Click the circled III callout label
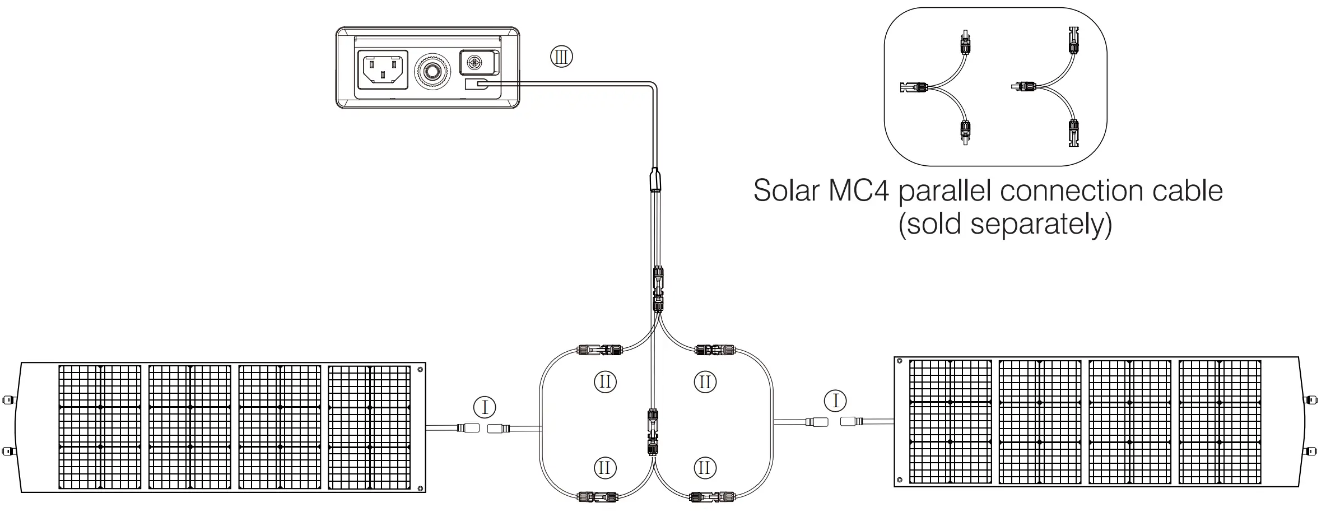(561, 57)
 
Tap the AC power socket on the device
(383, 70)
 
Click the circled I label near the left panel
(485, 407)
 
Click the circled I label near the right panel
(836, 401)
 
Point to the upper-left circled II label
(605, 382)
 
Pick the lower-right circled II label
(705, 467)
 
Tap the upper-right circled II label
(705, 382)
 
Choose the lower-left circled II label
(605, 467)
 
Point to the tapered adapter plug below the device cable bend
(655, 180)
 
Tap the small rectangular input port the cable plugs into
(477, 85)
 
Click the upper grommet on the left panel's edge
(7, 400)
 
